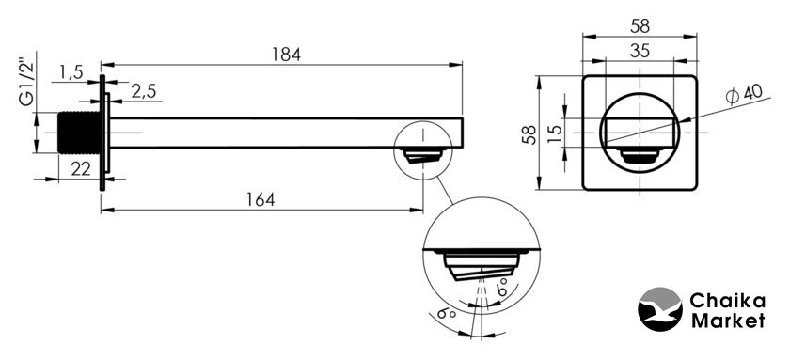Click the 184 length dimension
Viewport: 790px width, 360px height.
286,54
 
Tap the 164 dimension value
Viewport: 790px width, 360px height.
261,200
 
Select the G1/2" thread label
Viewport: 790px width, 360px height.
26,84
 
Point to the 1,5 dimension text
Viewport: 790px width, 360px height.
71,72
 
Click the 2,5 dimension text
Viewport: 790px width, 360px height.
144,91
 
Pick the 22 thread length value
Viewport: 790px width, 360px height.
81,169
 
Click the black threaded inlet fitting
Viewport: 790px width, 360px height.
79,133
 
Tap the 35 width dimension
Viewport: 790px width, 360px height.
640,52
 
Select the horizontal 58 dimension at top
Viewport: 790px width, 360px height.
640,26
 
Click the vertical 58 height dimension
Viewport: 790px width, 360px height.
529,134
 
